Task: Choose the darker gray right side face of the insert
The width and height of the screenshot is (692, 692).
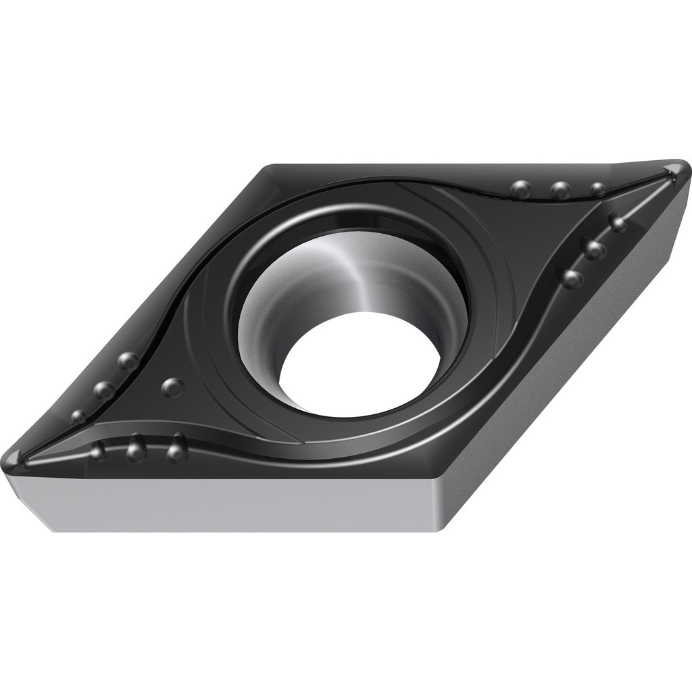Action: pyautogui.click(x=568, y=378)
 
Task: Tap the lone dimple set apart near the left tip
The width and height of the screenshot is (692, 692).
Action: pyautogui.click(x=174, y=387)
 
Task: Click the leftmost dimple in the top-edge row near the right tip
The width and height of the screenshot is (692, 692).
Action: pyautogui.click(x=521, y=189)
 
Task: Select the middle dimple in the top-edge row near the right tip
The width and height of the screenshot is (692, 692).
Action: pyautogui.click(x=560, y=191)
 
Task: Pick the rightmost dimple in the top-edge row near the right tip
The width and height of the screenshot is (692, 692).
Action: pyautogui.click(x=597, y=190)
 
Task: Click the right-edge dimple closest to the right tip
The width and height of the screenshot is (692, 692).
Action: pyautogui.click(x=616, y=222)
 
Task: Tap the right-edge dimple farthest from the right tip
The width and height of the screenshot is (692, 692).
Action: pyautogui.click(x=572, y=276)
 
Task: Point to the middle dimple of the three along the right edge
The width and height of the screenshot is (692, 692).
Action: pyautogui.click(x=595, y=249)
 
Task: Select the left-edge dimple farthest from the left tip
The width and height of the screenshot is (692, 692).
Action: pyautogui.click(x=128, y=361)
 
